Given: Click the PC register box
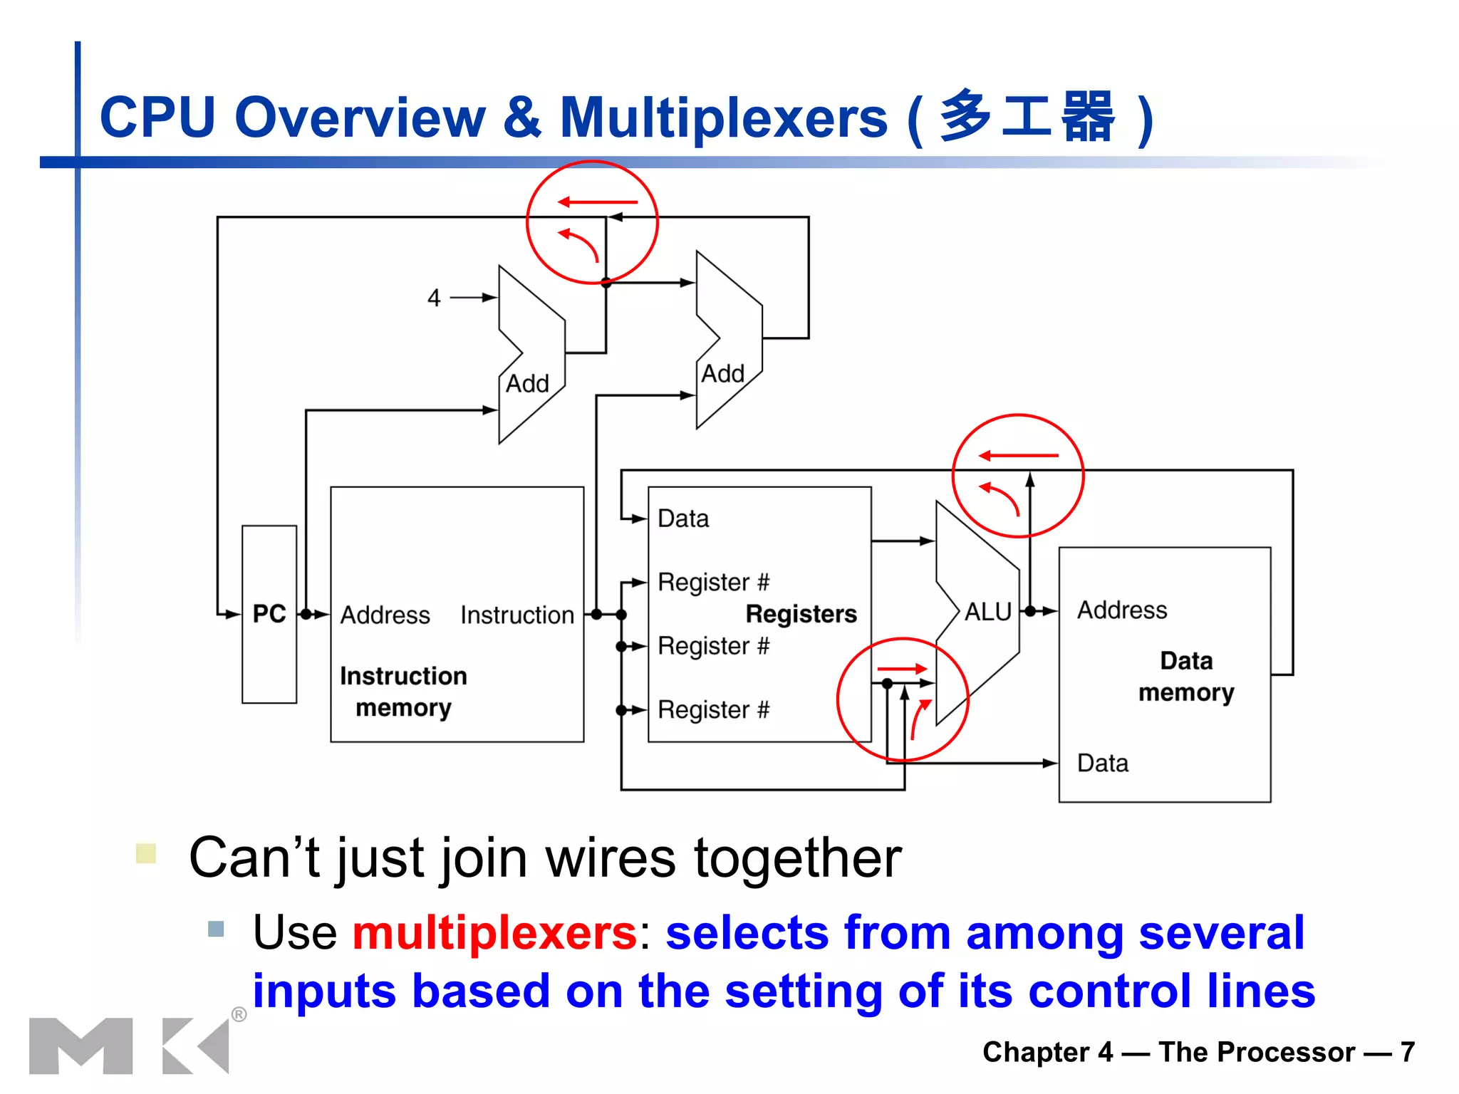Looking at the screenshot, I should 269,614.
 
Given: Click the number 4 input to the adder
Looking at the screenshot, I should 434,298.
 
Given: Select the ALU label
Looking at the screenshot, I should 988,612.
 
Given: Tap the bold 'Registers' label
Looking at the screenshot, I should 801,614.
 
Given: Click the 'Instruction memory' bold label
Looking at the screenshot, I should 403,692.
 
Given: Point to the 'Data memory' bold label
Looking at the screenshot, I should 1186,677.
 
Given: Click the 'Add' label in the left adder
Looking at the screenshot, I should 527,384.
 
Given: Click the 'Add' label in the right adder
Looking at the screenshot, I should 722,374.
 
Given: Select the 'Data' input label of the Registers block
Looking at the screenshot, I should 683,519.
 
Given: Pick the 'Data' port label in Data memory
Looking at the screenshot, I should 1103,764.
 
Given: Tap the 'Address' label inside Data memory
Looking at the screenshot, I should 1122,610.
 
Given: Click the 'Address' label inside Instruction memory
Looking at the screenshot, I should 385,615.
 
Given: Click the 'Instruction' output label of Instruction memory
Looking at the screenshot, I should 517,615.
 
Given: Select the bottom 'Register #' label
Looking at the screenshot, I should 713,710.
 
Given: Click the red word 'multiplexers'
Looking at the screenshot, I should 494,932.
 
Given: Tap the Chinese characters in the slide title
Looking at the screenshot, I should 1027,117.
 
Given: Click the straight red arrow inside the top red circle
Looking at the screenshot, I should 597,202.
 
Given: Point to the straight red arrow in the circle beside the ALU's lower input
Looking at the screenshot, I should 902,669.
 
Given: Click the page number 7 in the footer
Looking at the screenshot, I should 1407,1052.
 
